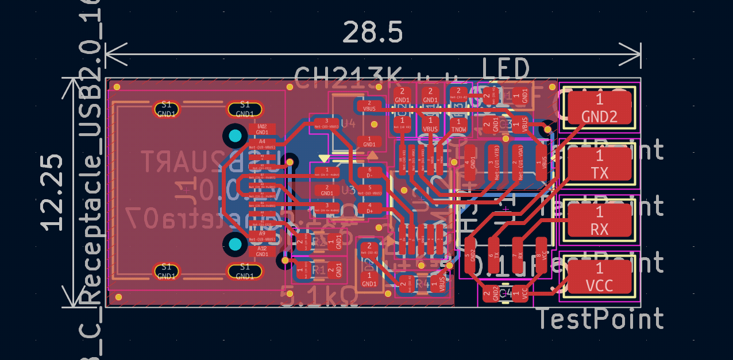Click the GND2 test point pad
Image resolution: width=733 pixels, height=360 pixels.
(x=599, y=109)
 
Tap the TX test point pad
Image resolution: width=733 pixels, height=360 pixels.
(x=599, y=164)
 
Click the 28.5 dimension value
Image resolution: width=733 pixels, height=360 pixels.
(x=372, y=32)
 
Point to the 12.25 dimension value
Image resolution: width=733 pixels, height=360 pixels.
(x=53, y=192)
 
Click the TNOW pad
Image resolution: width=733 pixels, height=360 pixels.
(x=458, y=125)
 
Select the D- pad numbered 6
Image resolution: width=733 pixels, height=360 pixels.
(x=370, y=172)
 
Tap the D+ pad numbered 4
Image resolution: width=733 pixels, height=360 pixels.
(x=370, y=208)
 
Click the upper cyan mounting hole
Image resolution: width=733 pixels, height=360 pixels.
(x=235, y=136)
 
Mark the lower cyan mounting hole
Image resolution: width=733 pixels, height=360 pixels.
(x=235, y=245)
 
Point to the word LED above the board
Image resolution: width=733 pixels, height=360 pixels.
(x=505, y=69)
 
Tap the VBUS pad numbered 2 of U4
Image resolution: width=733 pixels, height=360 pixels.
(x=369, y=105)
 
